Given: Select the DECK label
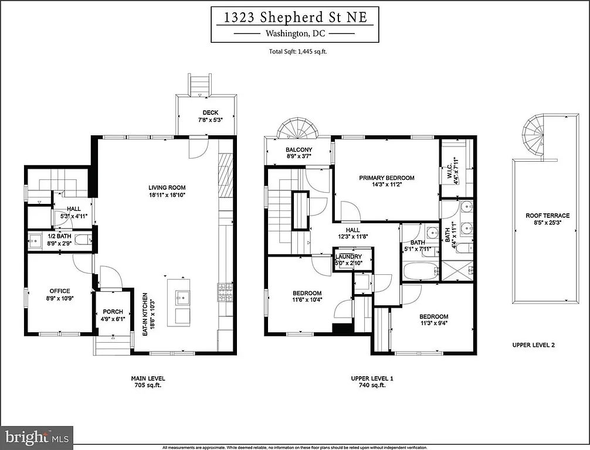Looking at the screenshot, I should pos(211,112).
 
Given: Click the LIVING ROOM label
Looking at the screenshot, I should pos(167,188).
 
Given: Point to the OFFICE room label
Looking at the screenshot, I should pos(59,291).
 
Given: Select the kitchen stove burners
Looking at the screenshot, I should pos(225,292).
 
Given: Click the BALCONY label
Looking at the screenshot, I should pos(299,150).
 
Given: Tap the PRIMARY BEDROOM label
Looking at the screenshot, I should pos(387,178).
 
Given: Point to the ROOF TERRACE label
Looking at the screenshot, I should pos(547,216).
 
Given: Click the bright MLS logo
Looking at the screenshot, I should pos(37,437).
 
